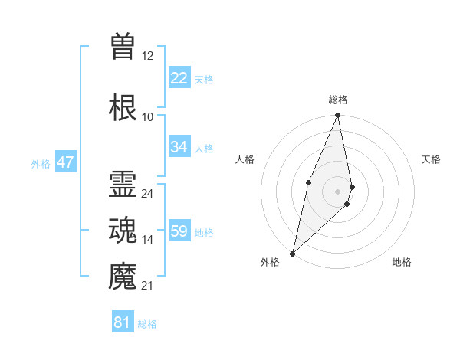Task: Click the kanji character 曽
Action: click(x=123, y=46)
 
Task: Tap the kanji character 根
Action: click(x=123, y=107)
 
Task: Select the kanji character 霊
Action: click(x=123, y=185)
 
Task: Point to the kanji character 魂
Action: click(x=123, y=231)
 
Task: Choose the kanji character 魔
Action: click(x=123, y=277)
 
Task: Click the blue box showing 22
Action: click(x=179, y=78)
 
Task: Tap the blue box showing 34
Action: click(x=179, y=147)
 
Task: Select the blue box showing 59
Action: click(x=179, y=231)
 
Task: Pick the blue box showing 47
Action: click(x=65, y=162)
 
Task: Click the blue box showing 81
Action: click(x=122, y=322)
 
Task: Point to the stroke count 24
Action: click(x=148, y=194)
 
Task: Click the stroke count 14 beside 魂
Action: click(x=148, y=240)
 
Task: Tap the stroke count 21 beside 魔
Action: click(x=148, y=286)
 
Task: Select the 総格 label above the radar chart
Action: click(x=338, y=100)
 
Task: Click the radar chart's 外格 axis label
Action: click(x=270, y=262)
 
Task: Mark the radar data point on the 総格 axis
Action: click(x=338, y=116)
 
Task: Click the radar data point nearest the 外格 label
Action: click(x=293, y=253)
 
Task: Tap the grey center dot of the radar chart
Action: click(x=338, y=191)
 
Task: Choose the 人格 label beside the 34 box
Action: click(x=204, y=148)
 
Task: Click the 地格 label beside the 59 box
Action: click(x=204, y=232)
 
